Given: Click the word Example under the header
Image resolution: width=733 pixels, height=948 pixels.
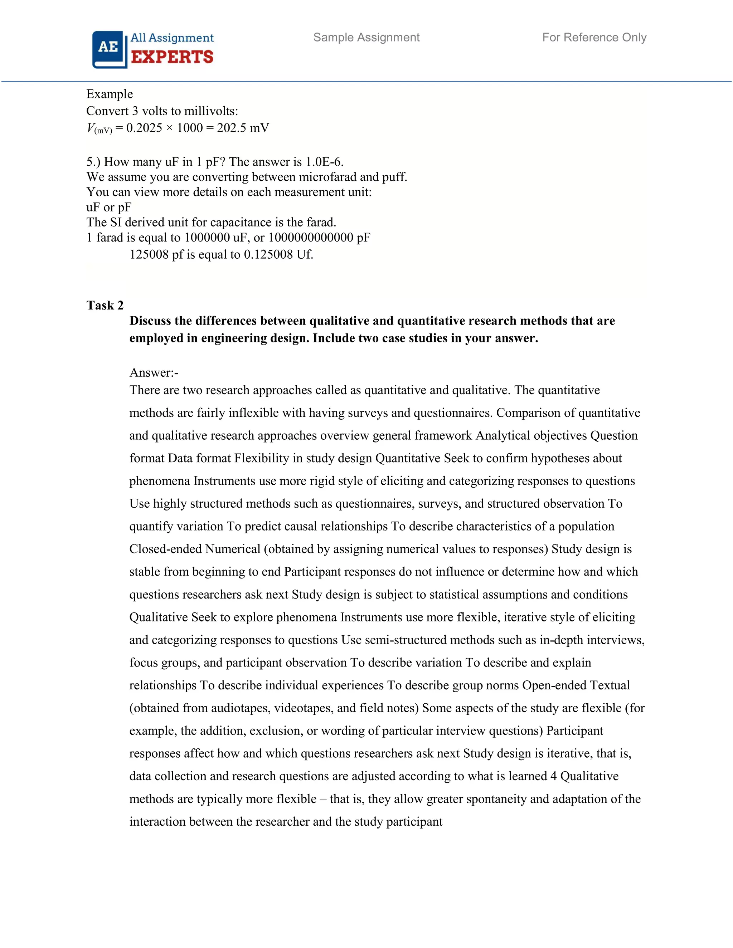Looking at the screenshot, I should (110, 94).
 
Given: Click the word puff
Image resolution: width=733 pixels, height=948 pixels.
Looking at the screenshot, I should (394, 177).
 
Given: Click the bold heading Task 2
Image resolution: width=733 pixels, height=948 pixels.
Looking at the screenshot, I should (105, 306).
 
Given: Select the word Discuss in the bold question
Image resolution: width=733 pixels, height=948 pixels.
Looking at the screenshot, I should (150, 321).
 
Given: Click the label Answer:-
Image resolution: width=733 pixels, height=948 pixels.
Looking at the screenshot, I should (154, 372).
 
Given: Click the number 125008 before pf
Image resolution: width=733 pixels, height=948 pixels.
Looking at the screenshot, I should (149, 254).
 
